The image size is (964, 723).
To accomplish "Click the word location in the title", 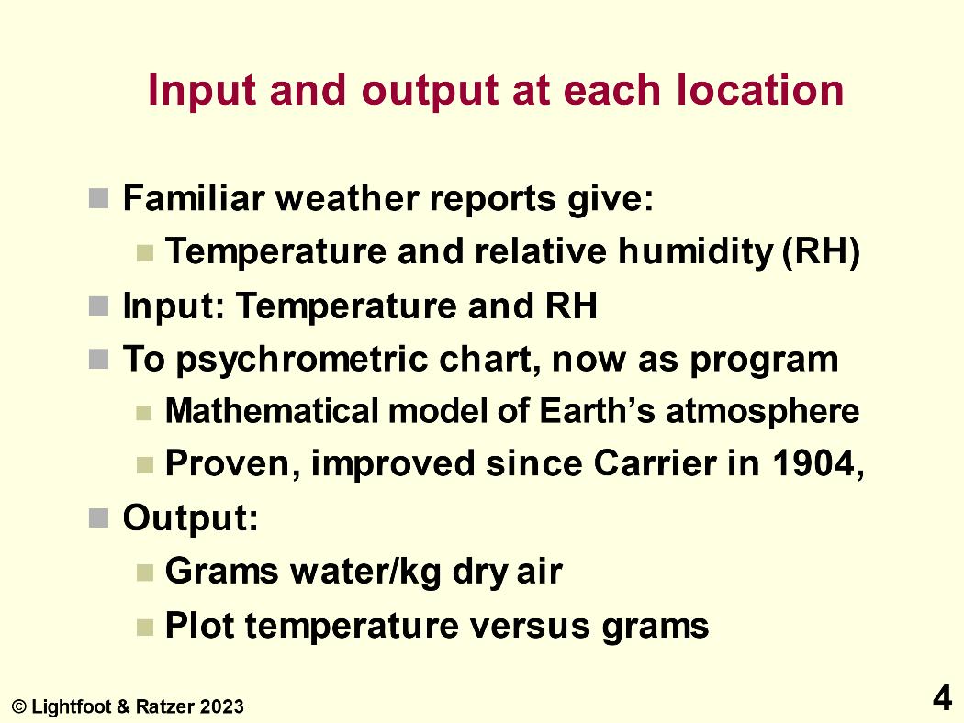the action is click(x=760, y=90).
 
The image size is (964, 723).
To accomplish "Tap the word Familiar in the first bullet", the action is click(x=194, y=198).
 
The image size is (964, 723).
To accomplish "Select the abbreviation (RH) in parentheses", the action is click(x=821, y=251).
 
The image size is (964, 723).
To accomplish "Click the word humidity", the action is click(x=695, y=252).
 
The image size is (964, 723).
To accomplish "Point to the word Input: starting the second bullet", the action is click(x=174, y=306).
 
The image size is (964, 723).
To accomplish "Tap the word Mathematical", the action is click(x=272, y=411).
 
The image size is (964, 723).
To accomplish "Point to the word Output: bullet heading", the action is click(x=191, y=517).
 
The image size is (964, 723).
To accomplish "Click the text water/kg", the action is click(x=365, y=572).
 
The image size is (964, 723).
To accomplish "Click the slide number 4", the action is click(x=943, y=698).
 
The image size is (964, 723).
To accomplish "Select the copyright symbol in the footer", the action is click(x=19, y=707).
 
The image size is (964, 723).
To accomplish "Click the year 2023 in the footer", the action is click(x=221, y=707).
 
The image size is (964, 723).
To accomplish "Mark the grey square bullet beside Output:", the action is click(x=98, y=517).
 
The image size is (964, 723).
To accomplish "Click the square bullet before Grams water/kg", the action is click(x=145, y=573).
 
